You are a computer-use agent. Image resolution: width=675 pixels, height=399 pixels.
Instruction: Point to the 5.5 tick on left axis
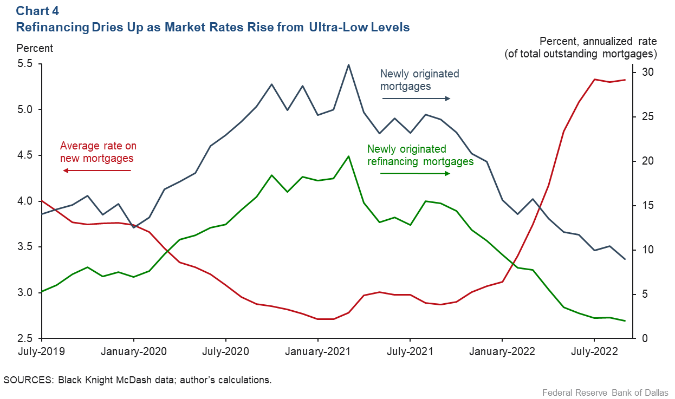[25, 64]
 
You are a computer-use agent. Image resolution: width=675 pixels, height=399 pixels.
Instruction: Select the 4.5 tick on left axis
[25, 155]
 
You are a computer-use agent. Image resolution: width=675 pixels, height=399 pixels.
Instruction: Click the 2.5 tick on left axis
[25, 338]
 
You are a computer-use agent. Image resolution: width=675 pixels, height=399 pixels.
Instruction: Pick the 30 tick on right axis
[648, 73]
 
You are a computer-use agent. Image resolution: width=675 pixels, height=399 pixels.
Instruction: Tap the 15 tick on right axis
[648, 206]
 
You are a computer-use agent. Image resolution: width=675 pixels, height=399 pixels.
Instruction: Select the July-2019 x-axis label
[41, 351]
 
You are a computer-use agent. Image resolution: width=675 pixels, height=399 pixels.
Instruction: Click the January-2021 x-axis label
[318, 351]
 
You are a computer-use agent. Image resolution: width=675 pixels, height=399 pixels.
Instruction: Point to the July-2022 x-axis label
[595, 351]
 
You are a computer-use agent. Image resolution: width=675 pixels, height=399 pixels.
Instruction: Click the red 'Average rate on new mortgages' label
[98, 152]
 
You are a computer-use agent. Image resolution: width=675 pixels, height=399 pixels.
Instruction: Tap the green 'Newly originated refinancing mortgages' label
[420, 155]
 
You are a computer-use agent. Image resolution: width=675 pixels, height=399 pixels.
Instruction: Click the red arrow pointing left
[97, 171]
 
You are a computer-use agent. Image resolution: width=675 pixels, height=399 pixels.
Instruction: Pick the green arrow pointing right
[415, 173]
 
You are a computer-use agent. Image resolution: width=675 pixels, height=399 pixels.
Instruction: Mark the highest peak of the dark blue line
[348, 64]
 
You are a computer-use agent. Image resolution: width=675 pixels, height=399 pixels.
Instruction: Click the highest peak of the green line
[348, 156]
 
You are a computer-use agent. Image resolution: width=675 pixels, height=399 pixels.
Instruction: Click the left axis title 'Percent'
[35, 48]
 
